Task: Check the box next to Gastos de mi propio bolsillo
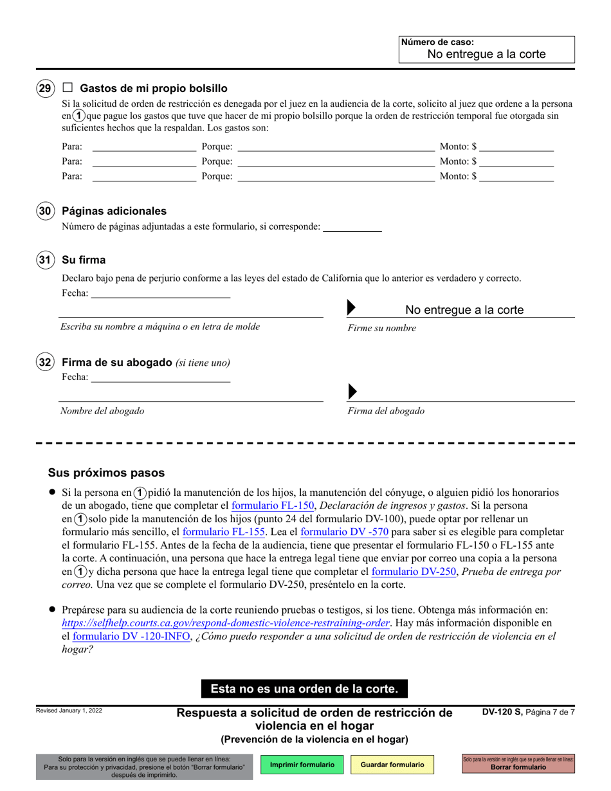tap(68, 88)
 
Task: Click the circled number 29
tap(45, 89)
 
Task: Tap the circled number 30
tap(45, 211)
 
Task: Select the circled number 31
tap(45, 260)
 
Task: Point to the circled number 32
tap(45, 363)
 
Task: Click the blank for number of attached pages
tap(352, 226)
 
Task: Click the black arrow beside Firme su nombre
tap(351, 308)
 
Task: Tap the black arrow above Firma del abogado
tap(351, 392)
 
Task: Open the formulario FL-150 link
tap(273, 505)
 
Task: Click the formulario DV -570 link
tap(344, 532)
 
